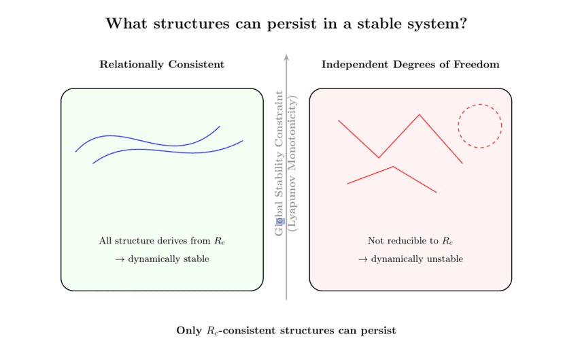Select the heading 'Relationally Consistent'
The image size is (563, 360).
(x=162, y=65)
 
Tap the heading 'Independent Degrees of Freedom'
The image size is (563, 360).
(x=410, y=65)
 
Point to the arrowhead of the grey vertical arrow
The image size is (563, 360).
(x=286, y=57)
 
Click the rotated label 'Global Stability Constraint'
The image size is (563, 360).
(x=279, y=163)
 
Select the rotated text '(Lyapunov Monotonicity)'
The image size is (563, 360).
(x=293, y=163)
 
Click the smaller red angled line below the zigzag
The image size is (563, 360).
(x=393, y=167)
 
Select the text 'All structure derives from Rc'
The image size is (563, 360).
(x=162, y=241)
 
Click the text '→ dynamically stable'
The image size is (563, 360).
(x=162, y=259)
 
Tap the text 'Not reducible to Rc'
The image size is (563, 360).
(x=410, y=241)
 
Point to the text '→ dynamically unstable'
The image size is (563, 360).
(x=410, y=259)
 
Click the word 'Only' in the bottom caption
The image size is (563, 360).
(x=188, y=331)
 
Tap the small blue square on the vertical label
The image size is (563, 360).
(x=279, y=222)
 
